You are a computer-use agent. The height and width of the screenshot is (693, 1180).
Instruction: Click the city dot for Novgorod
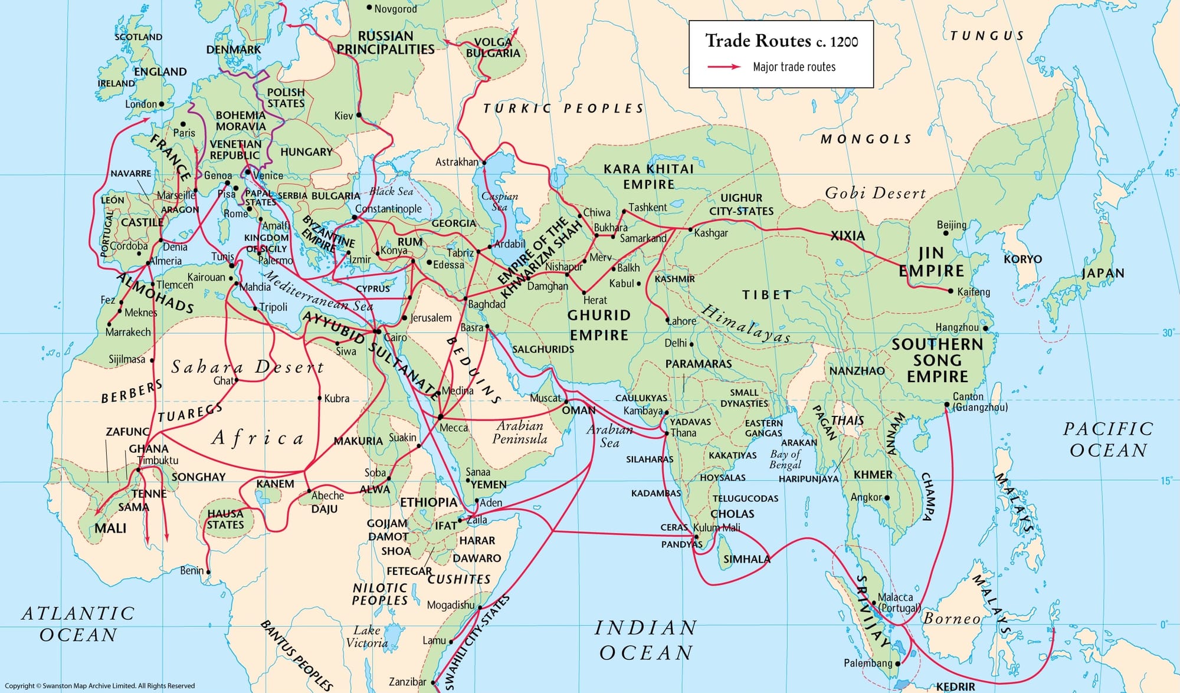[369, 8]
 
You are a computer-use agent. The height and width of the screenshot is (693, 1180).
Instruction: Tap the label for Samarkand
[643, 238]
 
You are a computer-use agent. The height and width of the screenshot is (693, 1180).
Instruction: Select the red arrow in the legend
[724, 67]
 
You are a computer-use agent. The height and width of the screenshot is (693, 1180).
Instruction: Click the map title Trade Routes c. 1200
[781, 41]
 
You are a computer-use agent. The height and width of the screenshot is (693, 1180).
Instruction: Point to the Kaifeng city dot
[950, 291]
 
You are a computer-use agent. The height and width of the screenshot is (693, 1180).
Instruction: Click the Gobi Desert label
[875, 193]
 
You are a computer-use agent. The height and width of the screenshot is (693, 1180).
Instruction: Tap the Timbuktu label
[158, 460]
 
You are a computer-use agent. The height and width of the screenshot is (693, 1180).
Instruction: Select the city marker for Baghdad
[466, 299]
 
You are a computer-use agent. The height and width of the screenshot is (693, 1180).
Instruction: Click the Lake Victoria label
[367, 636]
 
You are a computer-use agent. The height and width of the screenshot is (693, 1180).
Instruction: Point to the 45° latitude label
[1169, 173]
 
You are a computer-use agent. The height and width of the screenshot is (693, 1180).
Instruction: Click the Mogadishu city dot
[480, 607]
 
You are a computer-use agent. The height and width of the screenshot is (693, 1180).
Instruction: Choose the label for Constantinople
[388, 209]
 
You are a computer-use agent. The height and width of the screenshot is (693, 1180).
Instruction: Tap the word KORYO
[1022, 259]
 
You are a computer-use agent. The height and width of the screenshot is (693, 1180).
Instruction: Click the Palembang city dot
[898, 664]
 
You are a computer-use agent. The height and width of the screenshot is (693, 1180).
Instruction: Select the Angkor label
[866, 497]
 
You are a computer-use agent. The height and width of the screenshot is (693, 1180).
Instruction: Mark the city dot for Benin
[208, 572]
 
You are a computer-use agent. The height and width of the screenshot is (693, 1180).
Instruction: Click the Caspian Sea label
[499, 201]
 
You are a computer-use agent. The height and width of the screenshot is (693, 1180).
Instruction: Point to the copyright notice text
[100, 685]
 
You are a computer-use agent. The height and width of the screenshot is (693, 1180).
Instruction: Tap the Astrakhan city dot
[484, 163]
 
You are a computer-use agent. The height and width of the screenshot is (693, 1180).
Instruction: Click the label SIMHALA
[746, 559]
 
